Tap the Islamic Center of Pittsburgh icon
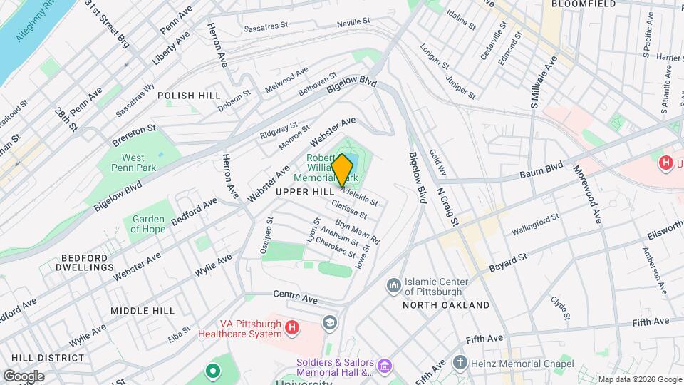pos(393,286)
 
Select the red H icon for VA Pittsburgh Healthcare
pos(291,327)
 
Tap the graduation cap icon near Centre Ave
pos(328,323)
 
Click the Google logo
pos(24,376)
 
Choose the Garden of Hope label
pos(147,225)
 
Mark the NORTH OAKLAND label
pos(445,305)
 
